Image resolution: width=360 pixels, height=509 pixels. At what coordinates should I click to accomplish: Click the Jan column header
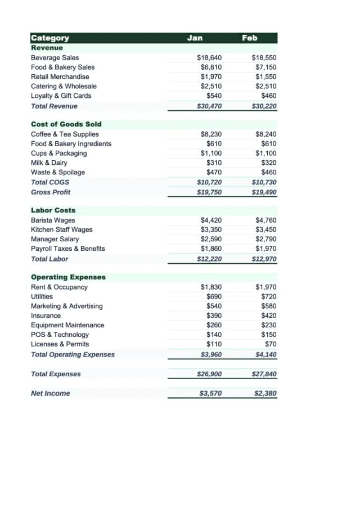195,38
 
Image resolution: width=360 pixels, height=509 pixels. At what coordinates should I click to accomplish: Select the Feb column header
250,38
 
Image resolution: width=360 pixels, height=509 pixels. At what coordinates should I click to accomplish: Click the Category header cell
50,38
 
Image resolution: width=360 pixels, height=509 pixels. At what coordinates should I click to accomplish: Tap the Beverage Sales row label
55,57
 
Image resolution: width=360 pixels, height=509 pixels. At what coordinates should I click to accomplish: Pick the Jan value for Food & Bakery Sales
211,67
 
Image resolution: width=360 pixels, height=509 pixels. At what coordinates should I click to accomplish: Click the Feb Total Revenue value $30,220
264,106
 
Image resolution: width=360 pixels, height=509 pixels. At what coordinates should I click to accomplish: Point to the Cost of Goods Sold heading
66,124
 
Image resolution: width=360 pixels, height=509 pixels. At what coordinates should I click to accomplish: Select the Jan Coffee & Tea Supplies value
211,134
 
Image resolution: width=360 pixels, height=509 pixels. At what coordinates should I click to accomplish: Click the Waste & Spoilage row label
58,172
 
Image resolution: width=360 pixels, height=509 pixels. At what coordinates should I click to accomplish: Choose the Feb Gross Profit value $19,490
264,192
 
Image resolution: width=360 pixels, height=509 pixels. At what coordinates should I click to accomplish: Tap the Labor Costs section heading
53,210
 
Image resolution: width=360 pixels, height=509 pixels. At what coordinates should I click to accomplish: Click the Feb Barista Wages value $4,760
265,220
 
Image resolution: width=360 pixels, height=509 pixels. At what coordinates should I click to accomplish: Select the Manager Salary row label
55,239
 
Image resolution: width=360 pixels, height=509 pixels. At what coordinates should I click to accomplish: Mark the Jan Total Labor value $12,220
209,259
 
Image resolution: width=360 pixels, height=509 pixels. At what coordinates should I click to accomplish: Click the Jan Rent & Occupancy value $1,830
211,287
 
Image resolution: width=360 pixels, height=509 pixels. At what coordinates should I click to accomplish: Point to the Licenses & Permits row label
60,344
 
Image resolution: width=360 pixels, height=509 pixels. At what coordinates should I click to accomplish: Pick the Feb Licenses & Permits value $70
271,344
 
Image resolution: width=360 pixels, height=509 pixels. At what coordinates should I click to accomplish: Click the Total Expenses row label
56,374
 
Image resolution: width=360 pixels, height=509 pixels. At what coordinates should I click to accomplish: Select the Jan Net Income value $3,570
210,393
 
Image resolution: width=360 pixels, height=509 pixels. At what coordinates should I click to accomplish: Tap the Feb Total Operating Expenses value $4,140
265,354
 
